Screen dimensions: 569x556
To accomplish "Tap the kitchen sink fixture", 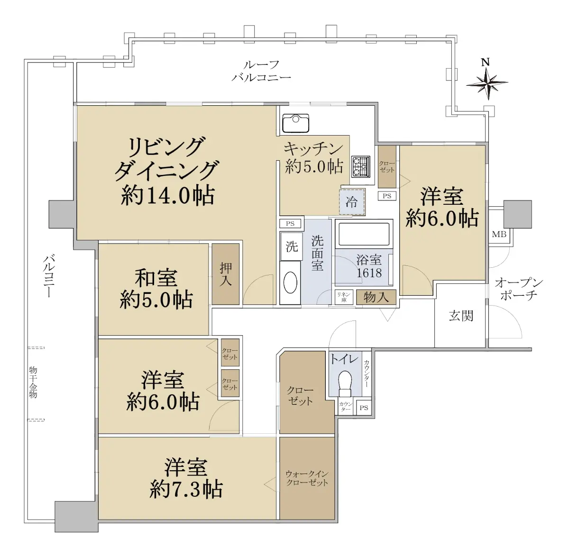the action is point(295,123).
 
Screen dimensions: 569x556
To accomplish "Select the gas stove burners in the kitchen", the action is point(361,167).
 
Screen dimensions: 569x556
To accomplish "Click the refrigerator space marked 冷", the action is point(352,202).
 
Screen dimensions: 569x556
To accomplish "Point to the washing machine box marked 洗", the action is point(292,246).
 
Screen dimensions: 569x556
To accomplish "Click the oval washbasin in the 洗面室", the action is point(290,283).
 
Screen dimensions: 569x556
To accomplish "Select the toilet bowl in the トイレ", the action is point(345,383).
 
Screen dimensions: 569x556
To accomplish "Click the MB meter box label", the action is point(499,234).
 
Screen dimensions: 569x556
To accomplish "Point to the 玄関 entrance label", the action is point(461,316).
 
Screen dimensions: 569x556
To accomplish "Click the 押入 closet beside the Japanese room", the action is point(226,274).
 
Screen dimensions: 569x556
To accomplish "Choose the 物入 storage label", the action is point(376,298).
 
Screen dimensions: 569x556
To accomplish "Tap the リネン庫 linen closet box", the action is point(344,297).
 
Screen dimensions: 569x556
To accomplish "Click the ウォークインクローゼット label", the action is point(307,478).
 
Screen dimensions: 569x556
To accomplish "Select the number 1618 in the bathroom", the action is point(369,273).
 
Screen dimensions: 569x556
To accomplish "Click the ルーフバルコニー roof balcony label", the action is point(261,71).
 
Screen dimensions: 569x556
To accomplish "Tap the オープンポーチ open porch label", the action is point(519,290).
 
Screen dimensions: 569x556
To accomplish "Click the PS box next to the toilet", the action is point(364,408).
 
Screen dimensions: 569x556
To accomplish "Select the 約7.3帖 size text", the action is point(186,489).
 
